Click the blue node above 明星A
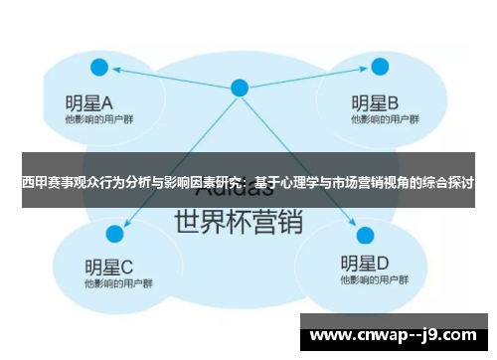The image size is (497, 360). (x=99, y=68)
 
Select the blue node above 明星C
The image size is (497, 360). (x=115, y=234)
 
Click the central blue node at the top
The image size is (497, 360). (x=240, y=88)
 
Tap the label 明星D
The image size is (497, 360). (x=364, y=265)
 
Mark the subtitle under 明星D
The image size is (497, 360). (x=370, y=282)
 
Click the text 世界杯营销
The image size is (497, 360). (x=239, y=222)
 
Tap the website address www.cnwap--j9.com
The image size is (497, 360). (x=396, y=333)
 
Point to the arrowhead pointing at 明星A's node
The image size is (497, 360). (x=114, y=70)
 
